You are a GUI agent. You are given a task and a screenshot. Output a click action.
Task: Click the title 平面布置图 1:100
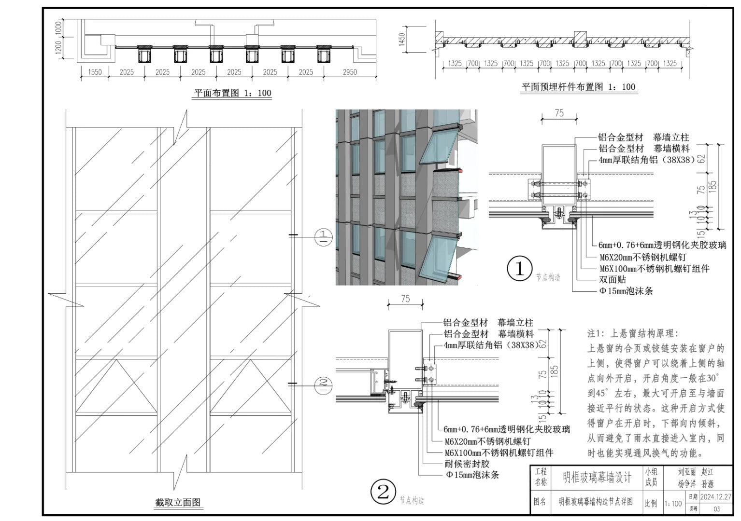[232, 93]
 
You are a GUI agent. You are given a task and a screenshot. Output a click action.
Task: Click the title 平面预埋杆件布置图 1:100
[578, 87]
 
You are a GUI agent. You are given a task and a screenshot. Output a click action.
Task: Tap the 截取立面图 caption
[178, 502]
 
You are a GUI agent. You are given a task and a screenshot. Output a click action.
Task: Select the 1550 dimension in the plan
[95, 72]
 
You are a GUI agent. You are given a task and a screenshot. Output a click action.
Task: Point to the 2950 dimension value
[350, 72]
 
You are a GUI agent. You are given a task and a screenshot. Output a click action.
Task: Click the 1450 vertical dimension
[402, 40]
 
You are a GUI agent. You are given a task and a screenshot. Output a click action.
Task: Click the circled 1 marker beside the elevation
[323, 236]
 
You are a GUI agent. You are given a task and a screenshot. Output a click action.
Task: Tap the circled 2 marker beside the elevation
[323, 384]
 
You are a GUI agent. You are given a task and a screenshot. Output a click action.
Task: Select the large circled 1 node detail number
[519, 269]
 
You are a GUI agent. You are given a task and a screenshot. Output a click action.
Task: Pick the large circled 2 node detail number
[383, 492]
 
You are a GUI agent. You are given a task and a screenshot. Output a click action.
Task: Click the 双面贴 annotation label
[612, 279]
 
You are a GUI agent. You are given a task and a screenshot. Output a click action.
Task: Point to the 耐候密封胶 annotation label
[467, 464]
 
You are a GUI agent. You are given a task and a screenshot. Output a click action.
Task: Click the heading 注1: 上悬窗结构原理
[633, 333]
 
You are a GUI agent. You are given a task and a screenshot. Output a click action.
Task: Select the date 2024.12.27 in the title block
[715, 497]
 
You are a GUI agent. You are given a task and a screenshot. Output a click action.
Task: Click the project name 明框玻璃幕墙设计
[597, 477]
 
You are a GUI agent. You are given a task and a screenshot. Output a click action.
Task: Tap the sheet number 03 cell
[716, 508]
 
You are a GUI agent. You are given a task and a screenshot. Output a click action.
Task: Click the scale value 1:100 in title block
[673, 504]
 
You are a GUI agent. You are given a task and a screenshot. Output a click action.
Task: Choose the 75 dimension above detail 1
[559, 113]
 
